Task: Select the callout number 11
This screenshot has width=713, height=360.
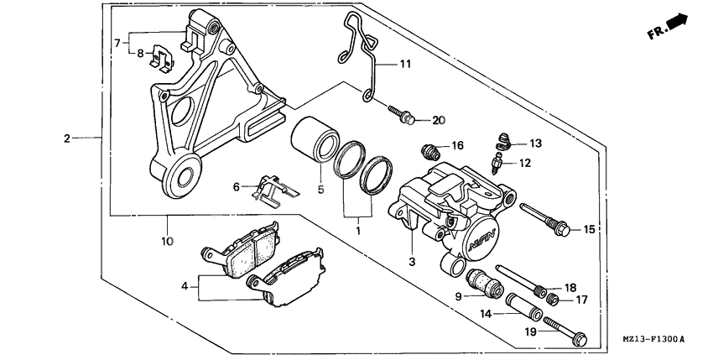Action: click(x=405, y=64)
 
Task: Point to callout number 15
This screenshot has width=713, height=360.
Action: click(x=589, y=229)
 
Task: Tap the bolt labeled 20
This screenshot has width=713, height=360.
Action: click(x=404, y=118)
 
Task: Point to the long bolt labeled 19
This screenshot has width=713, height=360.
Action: click(x=563, y=330)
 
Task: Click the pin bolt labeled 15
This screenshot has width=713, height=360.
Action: click(x=544, y=220)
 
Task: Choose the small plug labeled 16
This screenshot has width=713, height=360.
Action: click(x=429, y=152)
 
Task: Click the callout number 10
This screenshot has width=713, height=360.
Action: click(x=167, y=242)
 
